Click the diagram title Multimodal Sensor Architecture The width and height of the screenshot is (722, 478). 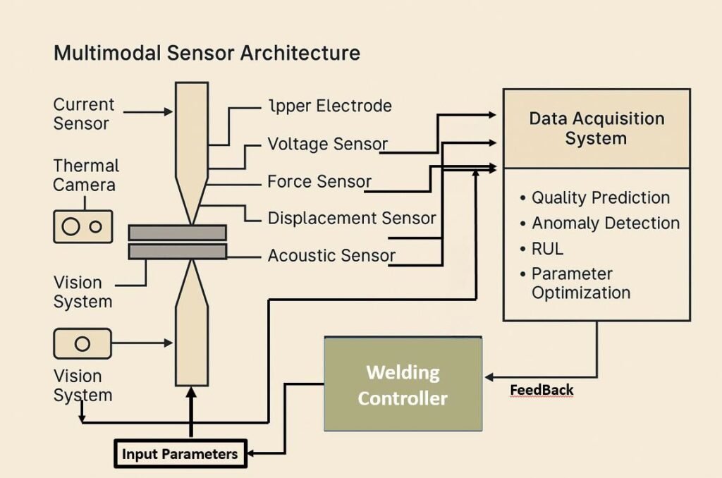(207, 54)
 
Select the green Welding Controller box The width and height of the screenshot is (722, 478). (403, 384)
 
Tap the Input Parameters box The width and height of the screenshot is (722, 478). (180, 453)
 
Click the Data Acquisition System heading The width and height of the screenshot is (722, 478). (596, 128)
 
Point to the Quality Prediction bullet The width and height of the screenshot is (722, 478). (600, 198)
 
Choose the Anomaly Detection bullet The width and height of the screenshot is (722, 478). (605, 223)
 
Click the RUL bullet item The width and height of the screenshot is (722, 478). (547, 249)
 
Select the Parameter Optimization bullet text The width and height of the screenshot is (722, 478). (580, 283)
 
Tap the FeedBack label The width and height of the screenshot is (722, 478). (541, 390)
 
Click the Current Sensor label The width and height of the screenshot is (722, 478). (83, 114)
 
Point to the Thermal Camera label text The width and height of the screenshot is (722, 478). (86, 176)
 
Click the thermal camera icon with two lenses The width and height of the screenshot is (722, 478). (83, 226)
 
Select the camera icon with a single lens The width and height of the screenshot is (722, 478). (82, 343)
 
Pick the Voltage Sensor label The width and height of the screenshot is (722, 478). (327, 145)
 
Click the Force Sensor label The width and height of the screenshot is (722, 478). (319, 182)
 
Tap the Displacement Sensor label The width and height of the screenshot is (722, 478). (351, 219)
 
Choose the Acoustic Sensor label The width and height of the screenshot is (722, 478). (331, 255)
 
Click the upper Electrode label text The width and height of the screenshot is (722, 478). (330, 106)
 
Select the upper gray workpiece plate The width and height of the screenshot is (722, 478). (177, 233)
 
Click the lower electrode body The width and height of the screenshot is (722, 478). (191, 345)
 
